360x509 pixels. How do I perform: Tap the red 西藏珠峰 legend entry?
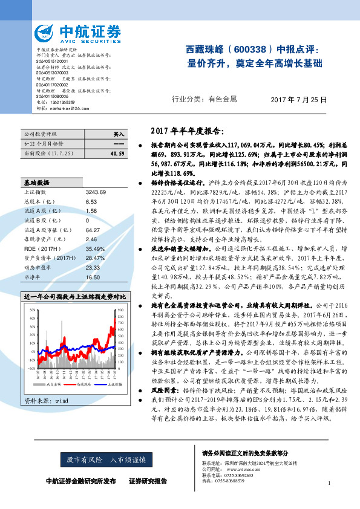pos(84,383)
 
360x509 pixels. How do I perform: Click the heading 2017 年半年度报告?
pos(186,131)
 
